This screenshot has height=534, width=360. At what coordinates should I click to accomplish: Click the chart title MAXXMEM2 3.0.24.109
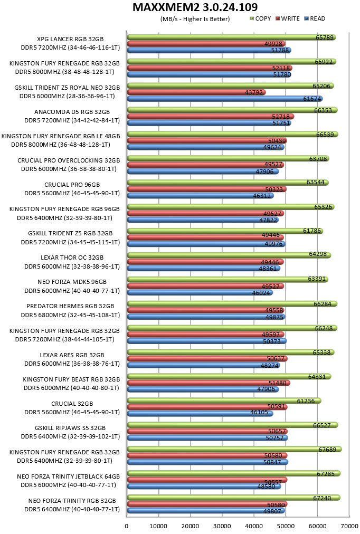click(x=195, y=7)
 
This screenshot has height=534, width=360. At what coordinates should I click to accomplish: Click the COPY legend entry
click(x=261, y=18)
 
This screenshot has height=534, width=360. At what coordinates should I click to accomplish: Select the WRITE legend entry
click(x=288, y=18)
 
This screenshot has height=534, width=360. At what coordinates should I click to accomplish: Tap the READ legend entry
click(x=315, y=18)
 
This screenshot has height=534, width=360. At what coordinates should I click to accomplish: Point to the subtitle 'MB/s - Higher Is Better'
click(x=195, y=19)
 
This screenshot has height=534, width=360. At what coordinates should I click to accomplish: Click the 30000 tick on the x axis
click(x=222, y=526)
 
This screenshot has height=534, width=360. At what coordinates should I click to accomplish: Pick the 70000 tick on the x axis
click(x=349, y=526)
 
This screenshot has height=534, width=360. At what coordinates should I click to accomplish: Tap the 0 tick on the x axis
click(x=127, y=526)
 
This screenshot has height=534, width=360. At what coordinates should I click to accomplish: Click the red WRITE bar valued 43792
click(x=196, y=92)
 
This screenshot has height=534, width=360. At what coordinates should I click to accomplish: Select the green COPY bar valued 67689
click(x=234, y=450)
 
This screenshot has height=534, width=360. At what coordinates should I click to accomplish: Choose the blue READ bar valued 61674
click(x=225, y=99)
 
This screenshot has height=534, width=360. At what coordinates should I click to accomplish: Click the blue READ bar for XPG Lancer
click(x=209, y=51)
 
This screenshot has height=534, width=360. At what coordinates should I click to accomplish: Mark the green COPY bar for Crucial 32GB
click(x=224, y=401)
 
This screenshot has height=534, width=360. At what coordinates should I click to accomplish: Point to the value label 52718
click(x=281, y=117)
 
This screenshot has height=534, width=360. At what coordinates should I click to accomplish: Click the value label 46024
click(x=261, y=292)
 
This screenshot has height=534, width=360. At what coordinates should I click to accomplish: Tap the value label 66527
click(x=322, y=425)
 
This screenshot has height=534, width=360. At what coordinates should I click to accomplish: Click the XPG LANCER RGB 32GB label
click(x=70, y=39)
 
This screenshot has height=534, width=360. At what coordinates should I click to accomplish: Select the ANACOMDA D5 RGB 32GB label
click(x=72, y=112)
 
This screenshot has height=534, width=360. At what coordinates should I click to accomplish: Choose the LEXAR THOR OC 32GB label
click(x=72, y=258)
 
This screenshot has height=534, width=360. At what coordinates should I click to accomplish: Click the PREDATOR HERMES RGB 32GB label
click(x=70, y=306)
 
